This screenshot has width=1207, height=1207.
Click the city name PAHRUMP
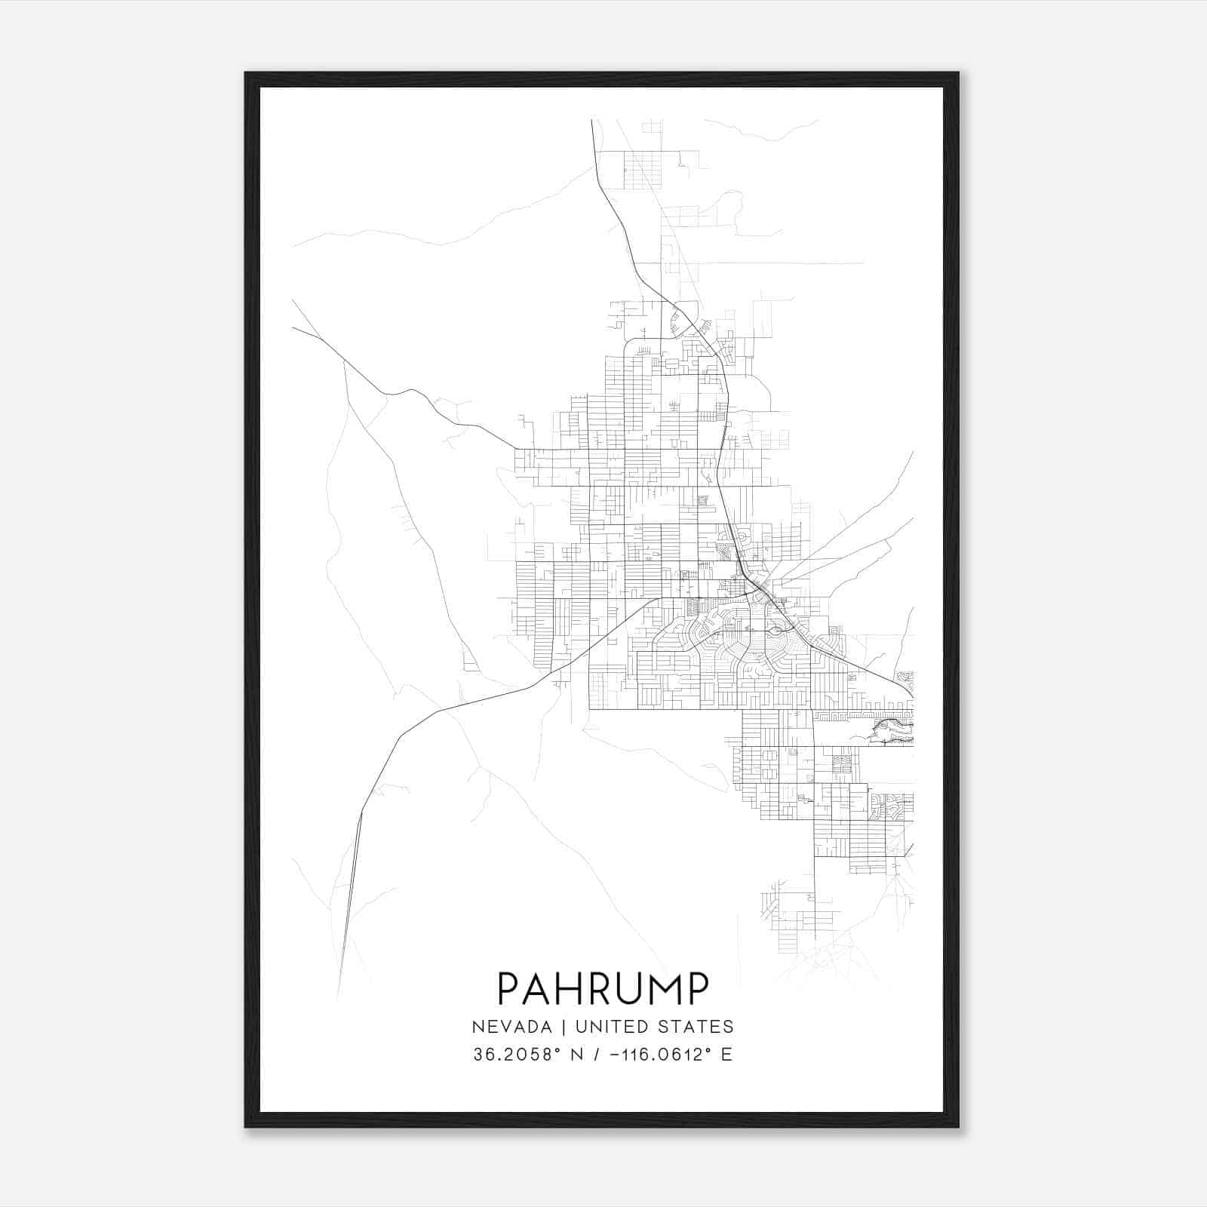(603, 989)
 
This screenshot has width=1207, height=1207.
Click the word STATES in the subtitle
(696, 1027)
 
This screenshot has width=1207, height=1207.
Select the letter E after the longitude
(726, 1055)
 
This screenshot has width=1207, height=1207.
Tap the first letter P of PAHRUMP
(509, 989)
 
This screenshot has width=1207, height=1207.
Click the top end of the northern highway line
(592, 121)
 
